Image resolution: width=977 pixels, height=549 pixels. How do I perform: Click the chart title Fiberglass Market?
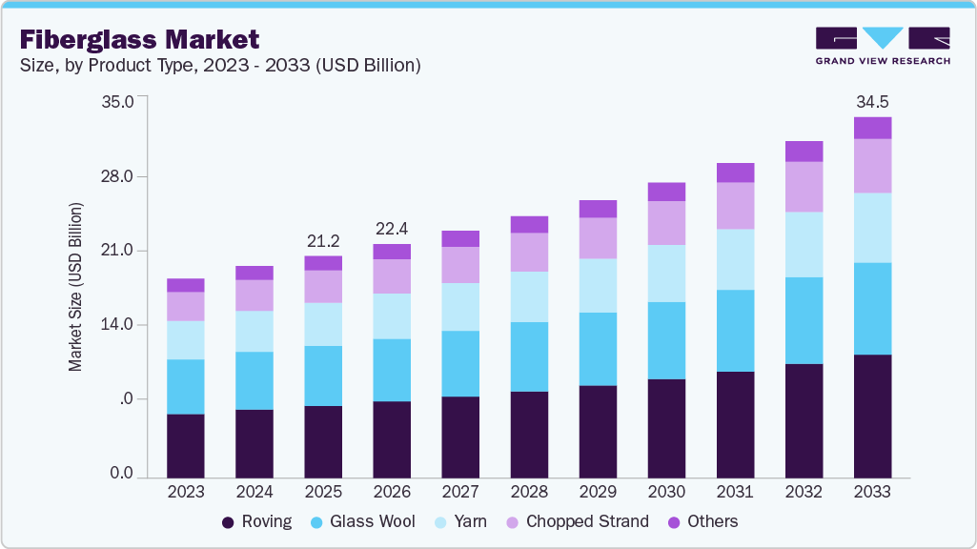139,39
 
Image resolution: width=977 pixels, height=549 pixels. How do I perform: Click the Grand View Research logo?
882,45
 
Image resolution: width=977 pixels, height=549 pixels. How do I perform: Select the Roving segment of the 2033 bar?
872,416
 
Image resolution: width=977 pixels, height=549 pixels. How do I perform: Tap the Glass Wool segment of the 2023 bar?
186,386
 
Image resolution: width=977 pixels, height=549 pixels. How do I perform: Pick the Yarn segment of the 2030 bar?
666,274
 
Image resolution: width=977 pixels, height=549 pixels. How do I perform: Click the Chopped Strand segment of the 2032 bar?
804,187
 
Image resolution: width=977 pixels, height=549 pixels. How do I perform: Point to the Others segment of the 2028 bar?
529,225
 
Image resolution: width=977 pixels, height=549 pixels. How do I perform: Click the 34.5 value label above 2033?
872,101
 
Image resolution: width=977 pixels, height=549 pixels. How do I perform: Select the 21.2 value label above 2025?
323,240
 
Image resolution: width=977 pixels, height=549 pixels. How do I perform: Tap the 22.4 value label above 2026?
392,228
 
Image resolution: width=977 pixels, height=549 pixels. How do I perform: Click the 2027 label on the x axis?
460,492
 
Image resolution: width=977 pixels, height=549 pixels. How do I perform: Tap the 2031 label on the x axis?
735,492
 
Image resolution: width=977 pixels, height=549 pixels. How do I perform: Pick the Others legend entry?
702,521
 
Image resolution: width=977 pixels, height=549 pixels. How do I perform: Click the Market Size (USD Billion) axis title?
75,287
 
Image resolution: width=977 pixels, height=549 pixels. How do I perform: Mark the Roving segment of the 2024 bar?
254,443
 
